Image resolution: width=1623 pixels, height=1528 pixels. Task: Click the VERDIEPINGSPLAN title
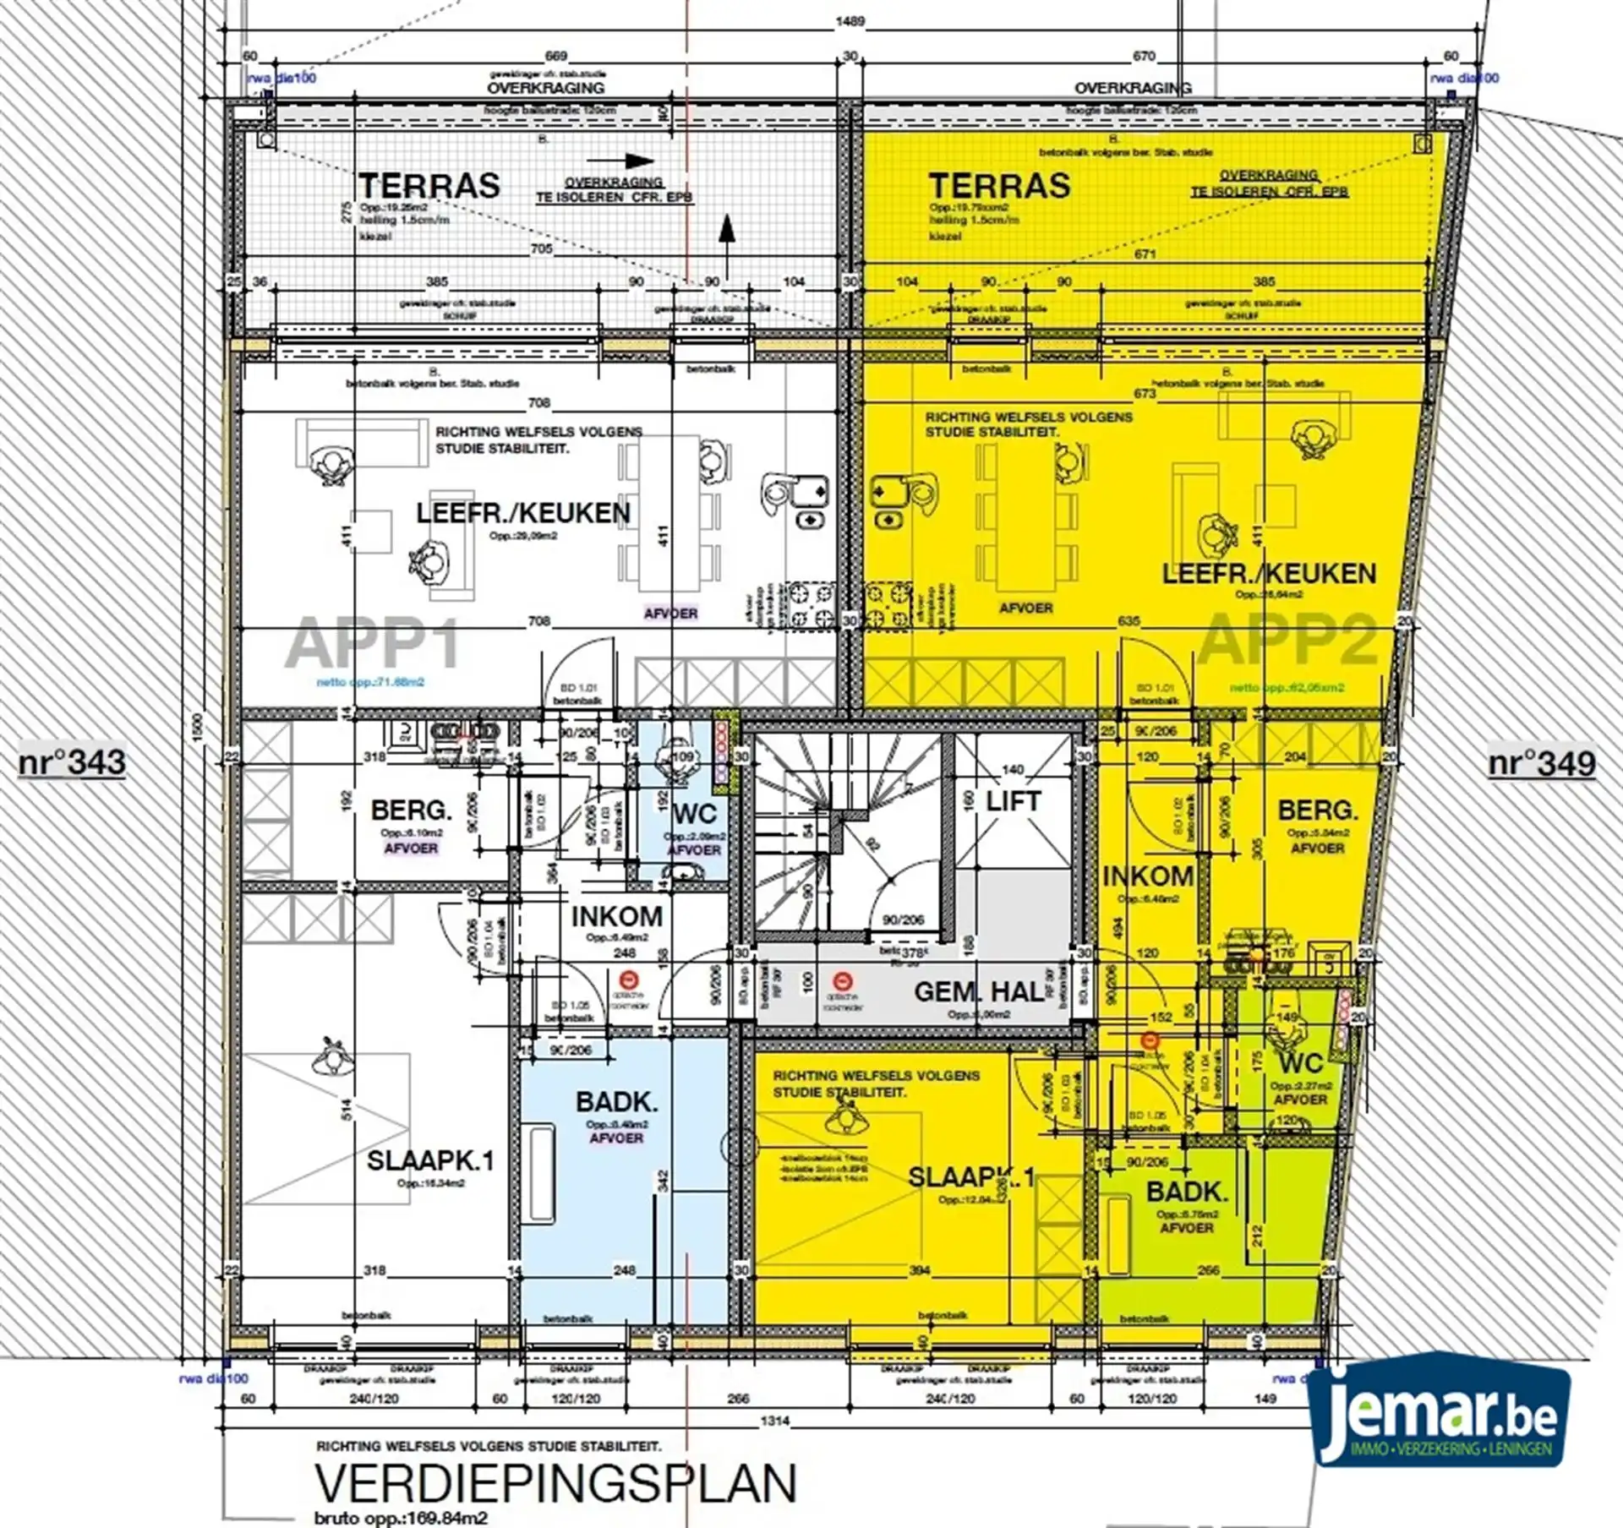pyautogui.click(x=555, y=1483)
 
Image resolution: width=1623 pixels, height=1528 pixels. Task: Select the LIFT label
pyautogui.click(x=1013, y=800)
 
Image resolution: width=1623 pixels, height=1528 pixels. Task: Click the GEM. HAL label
pyautogui.click(x=979, y=991)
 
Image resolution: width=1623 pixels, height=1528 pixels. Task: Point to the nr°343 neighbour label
pyautogui.click(x=72, y=762)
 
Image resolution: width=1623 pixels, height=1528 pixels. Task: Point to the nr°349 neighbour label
pyautogui.click(x=1542, y=763)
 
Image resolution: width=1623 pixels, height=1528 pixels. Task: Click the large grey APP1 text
pyautogui.click(x=373, y=643)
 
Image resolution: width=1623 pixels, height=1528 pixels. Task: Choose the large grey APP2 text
pyautogui.click(x=1287, y=639)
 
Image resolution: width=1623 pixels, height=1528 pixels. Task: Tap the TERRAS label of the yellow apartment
pyautogui.click(x=999, y=186)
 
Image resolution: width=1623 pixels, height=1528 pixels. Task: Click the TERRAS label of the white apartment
pyautogui.click(x=429, y=186)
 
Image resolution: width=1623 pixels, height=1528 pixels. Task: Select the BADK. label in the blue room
pyautogui.click(x=616, y=1102)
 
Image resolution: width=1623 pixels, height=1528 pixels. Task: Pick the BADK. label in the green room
pyautogui.click(x=1186, y=1192)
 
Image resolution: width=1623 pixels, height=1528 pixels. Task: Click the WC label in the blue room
pyautogui.click(x=695, y=814)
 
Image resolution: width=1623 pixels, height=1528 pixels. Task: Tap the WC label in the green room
pyautogui.click(x=1300, y=1062)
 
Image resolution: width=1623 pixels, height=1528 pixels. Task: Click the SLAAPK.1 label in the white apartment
pyautogui.click(x=429, y=1160)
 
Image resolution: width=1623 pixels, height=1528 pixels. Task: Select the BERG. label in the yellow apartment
pyautogui.click(x=1317, y=810)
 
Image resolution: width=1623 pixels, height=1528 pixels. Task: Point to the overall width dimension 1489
pyautogui.click(x=850, y=21)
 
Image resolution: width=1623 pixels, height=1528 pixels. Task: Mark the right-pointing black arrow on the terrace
pyautogui.click(x=620, y=161)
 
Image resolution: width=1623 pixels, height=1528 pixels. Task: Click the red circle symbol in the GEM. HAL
pyautogui.click(x=842, y=981)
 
